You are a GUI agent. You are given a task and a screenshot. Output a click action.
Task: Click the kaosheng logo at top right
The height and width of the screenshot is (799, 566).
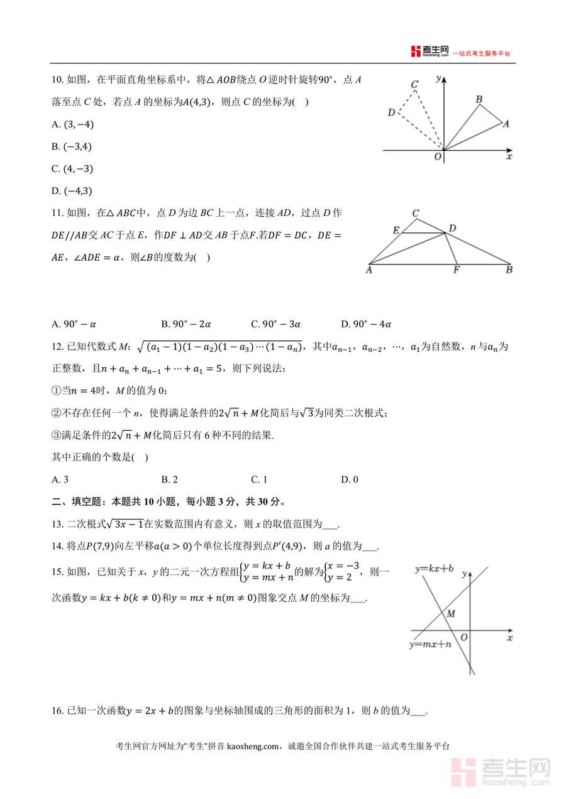(430, 52)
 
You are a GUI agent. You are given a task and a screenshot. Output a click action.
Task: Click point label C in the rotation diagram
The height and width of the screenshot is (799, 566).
(414, 84)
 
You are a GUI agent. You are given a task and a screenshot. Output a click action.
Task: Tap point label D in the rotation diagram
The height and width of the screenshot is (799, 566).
(391, 112)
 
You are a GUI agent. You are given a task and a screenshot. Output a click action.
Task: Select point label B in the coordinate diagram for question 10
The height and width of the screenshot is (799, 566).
(479, 99)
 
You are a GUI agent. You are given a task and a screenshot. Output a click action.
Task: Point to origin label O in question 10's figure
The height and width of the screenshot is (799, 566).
(438, 157)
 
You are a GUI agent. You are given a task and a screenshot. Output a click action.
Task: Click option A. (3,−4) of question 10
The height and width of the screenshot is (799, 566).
(72, 124)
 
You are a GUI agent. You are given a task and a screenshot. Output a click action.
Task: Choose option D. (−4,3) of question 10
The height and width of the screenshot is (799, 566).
(72, 191)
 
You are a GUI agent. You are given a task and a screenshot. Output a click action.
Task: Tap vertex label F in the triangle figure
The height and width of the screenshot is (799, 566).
(457, 271)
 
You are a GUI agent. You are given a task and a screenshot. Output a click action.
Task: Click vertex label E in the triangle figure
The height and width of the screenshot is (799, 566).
(396, 231)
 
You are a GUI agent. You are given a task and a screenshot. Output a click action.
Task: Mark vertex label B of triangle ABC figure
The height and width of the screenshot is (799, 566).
(509, 271)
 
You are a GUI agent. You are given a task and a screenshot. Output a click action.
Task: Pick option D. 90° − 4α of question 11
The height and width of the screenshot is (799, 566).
(366, 324)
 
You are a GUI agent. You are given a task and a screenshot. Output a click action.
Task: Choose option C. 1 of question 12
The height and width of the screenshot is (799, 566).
(259, 479)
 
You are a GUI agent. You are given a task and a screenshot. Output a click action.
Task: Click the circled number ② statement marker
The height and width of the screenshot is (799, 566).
(56, 413)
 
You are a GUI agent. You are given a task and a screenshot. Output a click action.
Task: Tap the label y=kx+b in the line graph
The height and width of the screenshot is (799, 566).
(433, 568)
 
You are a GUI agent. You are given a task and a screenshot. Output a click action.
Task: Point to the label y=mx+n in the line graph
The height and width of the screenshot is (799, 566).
(430, 644)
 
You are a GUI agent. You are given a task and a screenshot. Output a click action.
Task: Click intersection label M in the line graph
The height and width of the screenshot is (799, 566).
(450, 614)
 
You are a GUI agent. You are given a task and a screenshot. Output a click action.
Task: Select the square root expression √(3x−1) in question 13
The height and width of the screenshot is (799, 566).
(125, 524)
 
